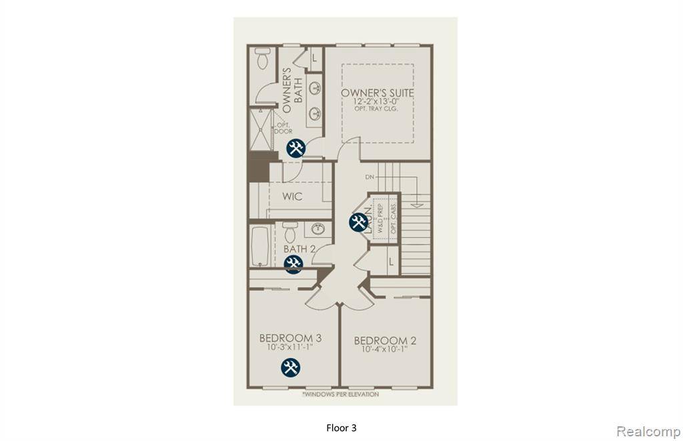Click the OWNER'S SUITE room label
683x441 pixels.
377,92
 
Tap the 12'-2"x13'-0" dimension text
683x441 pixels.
377,101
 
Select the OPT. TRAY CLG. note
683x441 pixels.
377,109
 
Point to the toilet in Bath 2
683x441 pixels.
289,234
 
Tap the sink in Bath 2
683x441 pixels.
319,230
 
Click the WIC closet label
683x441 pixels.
292,197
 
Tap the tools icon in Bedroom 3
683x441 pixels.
290,366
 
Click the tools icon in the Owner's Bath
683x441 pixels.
295,148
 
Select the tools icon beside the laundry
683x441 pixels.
358,222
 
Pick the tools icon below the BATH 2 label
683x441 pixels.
293,264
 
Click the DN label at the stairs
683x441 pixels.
370,177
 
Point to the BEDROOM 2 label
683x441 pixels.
385,340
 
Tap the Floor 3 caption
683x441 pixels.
346,427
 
